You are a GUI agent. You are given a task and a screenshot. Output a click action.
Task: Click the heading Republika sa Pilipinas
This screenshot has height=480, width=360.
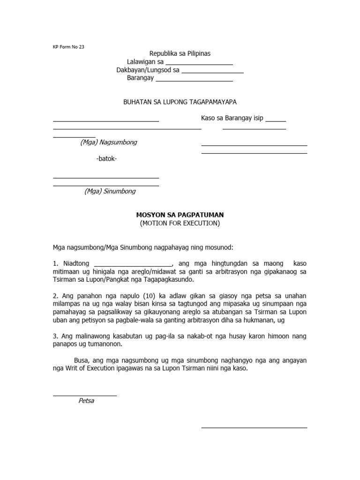point(180,54)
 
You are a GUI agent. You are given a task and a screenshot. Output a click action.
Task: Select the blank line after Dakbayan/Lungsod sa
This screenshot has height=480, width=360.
point(212,73)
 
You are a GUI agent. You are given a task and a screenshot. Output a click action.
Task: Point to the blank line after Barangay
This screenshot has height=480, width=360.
point(194,81)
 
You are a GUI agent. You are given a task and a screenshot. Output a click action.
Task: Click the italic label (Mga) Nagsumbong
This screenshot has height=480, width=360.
point(108,142)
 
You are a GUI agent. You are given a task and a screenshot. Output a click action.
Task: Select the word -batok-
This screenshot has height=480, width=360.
point(106,158)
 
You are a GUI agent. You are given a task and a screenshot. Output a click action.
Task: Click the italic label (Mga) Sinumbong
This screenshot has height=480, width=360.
point(110,191)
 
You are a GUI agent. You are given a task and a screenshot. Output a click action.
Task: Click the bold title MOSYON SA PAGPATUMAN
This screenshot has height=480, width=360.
point(180,215)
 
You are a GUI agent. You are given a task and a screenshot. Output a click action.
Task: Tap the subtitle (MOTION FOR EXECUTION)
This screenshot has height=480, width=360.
point(180,223)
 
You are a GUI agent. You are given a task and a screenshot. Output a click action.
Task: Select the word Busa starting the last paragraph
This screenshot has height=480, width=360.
point(82,360)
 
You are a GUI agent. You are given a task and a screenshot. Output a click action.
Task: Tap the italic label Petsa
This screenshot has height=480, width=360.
point(86,401)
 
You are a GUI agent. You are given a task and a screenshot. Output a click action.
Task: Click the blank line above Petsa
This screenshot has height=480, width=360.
point(84,396)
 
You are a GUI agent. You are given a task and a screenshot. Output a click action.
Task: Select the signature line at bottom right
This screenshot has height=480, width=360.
point(254,427)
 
